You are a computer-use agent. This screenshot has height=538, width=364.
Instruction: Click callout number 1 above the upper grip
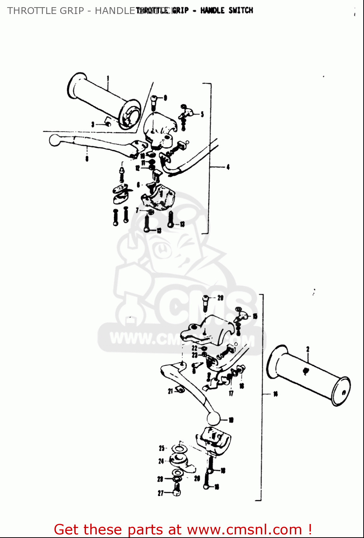[108, 78]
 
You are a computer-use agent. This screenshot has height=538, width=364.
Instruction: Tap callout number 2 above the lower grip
[307, 349]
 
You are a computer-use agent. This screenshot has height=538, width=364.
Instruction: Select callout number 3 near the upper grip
[93, 124]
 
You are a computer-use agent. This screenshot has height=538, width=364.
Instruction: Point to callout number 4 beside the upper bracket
[228, 167]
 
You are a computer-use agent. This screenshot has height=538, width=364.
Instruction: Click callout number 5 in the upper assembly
[202, 114]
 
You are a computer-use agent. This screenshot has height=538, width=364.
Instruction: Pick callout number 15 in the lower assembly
[255, 316]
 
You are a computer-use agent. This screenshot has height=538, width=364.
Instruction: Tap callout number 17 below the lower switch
[231, 393]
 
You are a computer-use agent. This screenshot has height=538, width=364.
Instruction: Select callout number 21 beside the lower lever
[171, 391]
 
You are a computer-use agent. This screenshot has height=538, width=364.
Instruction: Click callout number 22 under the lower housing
[194, 348]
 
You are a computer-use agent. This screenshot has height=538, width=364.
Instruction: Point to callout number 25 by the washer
[162, 448]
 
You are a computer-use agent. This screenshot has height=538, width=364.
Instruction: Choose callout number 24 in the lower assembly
[161, 461]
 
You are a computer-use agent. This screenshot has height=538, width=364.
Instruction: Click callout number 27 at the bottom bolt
[161, 493]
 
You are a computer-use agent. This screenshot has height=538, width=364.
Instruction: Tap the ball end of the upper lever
[55, 140]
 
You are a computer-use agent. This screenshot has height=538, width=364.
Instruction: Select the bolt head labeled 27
[176, 490]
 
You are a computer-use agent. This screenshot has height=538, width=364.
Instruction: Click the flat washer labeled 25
[178, 449]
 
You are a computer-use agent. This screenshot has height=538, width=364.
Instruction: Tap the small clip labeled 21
[180, 390]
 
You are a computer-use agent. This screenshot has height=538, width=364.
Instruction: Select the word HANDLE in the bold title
[212, 10]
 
